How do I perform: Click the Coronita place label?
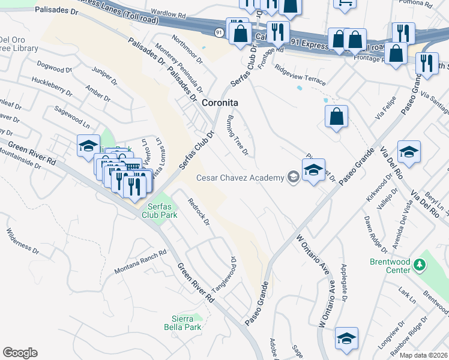(219, 103)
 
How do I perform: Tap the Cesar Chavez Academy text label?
(240, 178)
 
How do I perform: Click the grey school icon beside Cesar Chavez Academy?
(293, 176)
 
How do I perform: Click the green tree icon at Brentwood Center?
(421, 264)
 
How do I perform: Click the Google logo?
(20, 353)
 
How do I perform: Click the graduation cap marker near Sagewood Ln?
(88, 146)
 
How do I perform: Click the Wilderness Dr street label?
(23, 238)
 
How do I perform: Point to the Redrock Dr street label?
(199, 211)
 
